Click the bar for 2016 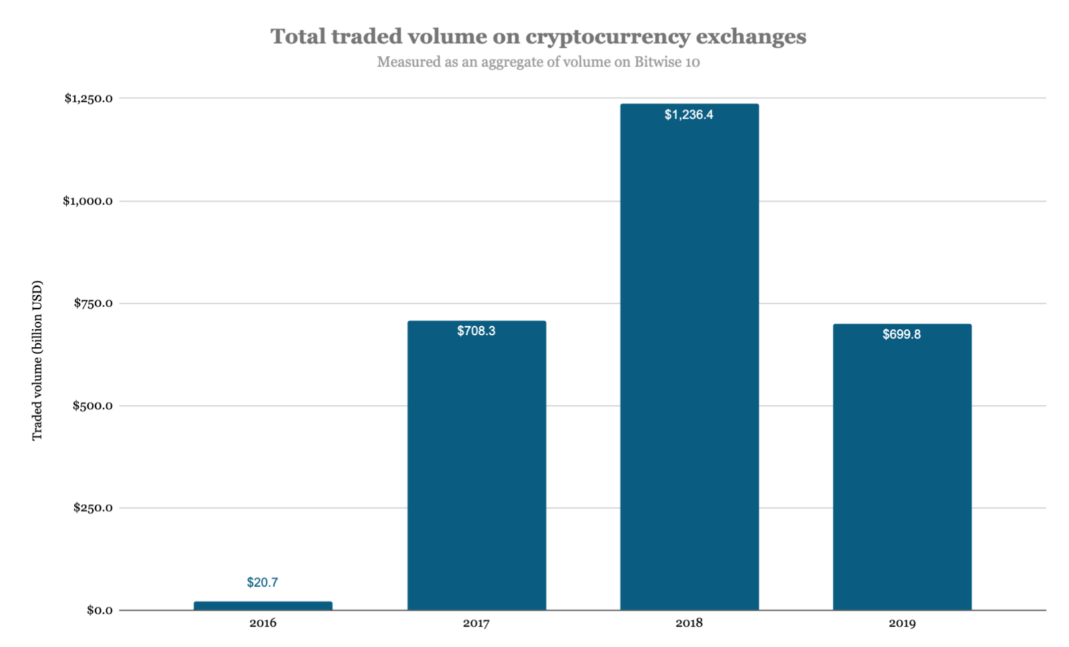pos(263,606)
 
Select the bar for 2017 pos(476,467)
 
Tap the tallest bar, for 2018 pos(689,361)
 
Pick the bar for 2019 pos(902,467)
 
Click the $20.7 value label pos(262,582)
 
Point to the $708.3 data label pos(476,331)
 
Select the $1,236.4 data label pos(689,115)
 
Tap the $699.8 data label pos(901,335)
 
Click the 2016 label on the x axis pos(263,624)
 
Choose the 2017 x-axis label pos(476,624)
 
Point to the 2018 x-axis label pos(689,624)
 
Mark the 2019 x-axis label pos(902,624)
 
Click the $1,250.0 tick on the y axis pos(88,99)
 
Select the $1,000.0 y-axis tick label pos(88,201)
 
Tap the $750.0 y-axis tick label pos(93,303)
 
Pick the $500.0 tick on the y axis pos(93,406)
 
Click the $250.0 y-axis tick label pos(93,508)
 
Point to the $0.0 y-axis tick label pos(100,610)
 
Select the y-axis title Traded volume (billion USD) pos(37,361)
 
